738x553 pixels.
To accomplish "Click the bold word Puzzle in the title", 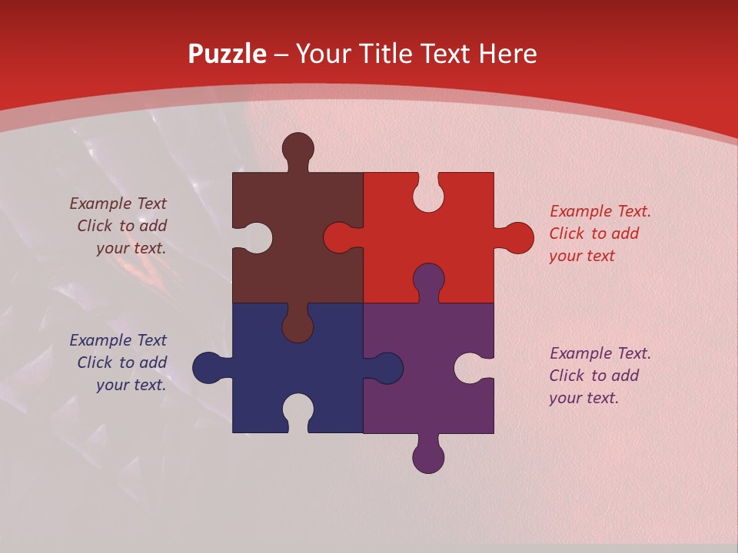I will [x=227, y=55].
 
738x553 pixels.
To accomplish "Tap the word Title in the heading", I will [x=382, y=55].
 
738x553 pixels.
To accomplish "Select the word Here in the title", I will [x=507, y=55].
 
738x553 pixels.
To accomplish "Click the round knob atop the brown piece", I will [x=298, y=147].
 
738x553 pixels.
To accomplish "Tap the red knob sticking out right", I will [x=517, y=238].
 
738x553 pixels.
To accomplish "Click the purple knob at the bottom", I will [x=428, y=457].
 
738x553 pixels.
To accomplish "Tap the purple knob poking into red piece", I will [x=428, y=279].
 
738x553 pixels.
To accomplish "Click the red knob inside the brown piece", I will [x=339, y=238].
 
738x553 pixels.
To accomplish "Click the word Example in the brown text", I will [x=101, y=204].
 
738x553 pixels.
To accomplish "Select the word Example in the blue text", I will [x=101, y=340].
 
